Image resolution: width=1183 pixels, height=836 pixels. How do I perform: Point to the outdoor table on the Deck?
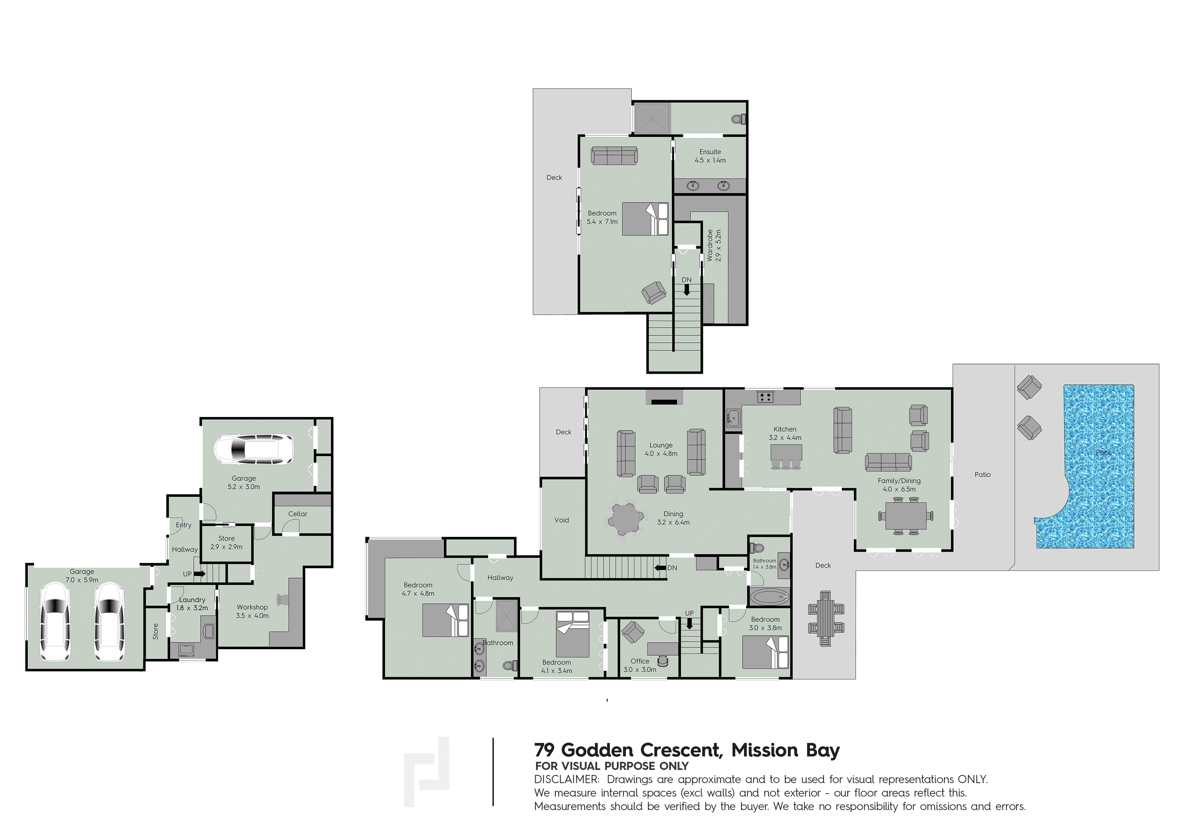(x=825, y=618)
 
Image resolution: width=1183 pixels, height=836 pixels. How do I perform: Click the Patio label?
(x=983, y=474)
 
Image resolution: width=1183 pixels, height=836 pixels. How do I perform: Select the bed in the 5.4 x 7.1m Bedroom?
(x=645, y=219)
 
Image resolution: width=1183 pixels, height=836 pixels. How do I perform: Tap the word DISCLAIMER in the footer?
(x=567, y=779)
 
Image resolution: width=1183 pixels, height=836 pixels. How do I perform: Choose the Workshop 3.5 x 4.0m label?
(x=252, y=612)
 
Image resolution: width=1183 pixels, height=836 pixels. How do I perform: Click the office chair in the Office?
(x=663, y=661)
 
